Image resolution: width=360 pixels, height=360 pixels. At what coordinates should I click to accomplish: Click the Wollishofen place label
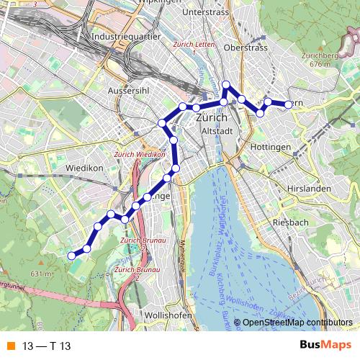point(167,315)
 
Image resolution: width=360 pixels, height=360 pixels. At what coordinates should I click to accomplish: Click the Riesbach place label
point(290,222)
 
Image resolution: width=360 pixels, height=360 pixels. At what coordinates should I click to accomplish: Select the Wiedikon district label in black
point(86,168)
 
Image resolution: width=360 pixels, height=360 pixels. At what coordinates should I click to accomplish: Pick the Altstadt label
point(217,131)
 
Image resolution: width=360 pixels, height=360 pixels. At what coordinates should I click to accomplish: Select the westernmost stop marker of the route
point(71,255)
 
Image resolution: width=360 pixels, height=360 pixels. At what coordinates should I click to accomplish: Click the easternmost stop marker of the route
point(289,104)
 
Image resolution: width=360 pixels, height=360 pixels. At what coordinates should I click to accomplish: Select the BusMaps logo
point(325,346)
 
